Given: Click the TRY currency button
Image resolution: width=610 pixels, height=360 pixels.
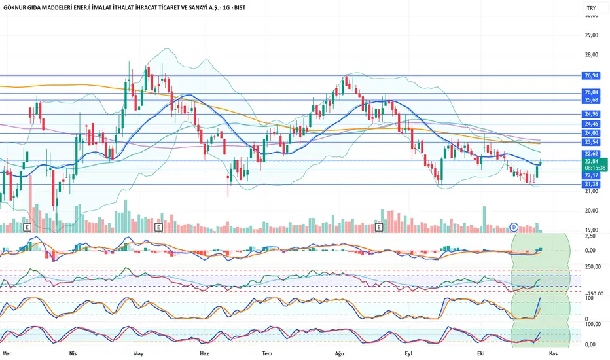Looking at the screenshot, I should (x=591, y=8).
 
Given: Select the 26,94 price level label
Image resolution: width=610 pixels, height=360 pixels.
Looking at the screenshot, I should (x=591, y=75).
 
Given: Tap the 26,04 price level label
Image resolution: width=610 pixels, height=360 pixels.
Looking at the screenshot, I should (x=591, y=92).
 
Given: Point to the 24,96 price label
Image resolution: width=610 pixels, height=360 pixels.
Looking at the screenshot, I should (x=591, y=114).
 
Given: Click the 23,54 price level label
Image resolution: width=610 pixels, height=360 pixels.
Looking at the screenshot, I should (x=591, y=142).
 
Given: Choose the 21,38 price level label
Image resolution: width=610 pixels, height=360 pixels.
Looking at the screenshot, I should (x=591, y=184).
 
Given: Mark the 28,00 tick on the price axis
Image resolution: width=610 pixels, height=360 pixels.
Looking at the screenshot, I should (x=592, y=55).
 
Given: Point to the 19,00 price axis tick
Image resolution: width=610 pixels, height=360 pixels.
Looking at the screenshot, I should (x=592, y=230).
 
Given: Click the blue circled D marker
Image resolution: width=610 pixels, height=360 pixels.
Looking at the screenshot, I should (x=514, y=227).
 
